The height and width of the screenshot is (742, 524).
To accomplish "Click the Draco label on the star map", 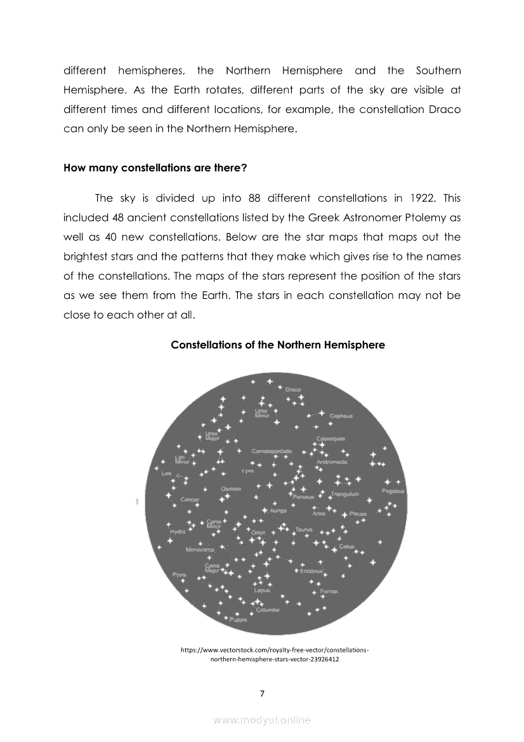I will pyautogui.click(x=293, y=389).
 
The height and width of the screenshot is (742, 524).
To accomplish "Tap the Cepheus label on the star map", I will pyautogui.click(x=341, y=416).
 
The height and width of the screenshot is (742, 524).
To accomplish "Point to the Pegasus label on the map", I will pyautogui.click(x=393, y=491).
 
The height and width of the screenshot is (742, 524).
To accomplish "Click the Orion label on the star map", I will pyautogui.click(x=258, y=532).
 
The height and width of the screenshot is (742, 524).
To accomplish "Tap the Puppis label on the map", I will pyautogui.click(x=239, y=619).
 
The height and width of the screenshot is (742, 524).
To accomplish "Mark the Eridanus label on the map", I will pyautogui.click(x=311, y=571).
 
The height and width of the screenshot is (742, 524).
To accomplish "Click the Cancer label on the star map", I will pyautogui.click(x=190, y=500).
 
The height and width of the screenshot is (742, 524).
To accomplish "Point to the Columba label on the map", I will pyautogui.click(x=268, y=609).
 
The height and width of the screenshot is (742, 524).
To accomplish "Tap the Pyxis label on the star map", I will pyautogui.click(x=179, y=574).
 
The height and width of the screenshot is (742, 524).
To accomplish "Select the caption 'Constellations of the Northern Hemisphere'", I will pyautogui.click(x=278, y=345).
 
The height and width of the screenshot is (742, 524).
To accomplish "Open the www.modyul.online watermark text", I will pyautogui.click(x=262, y=720).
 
